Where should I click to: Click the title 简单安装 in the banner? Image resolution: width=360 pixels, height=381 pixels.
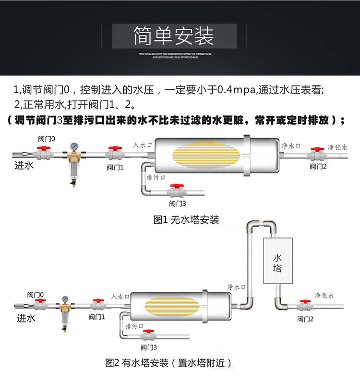(x=180, y=35)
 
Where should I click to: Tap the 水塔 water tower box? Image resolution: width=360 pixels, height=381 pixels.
(x=277, y=262)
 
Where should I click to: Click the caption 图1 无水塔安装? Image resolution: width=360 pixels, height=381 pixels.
(x=186, y=220)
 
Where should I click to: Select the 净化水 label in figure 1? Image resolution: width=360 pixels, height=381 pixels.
(x=337, y=147)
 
